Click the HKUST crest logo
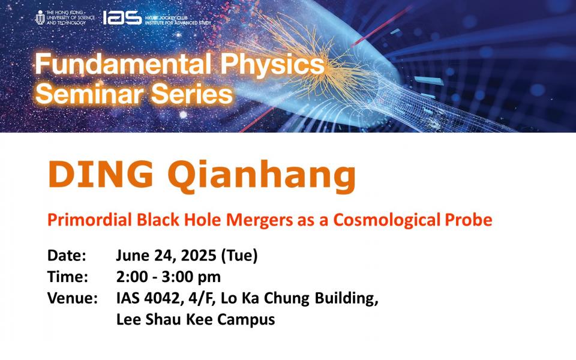coord(40,17)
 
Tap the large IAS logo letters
coord(122,17)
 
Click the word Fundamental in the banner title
coord(123,64)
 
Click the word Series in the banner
coord(192,94)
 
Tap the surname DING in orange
coord(100,174)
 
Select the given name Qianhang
coord(262,176)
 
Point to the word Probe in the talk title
coord(469,220)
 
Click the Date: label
coord(67,256)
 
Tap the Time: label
coord(68,277)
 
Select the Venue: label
coord(73,298)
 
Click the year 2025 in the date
coord(199,256)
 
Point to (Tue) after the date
coord(239,256)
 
